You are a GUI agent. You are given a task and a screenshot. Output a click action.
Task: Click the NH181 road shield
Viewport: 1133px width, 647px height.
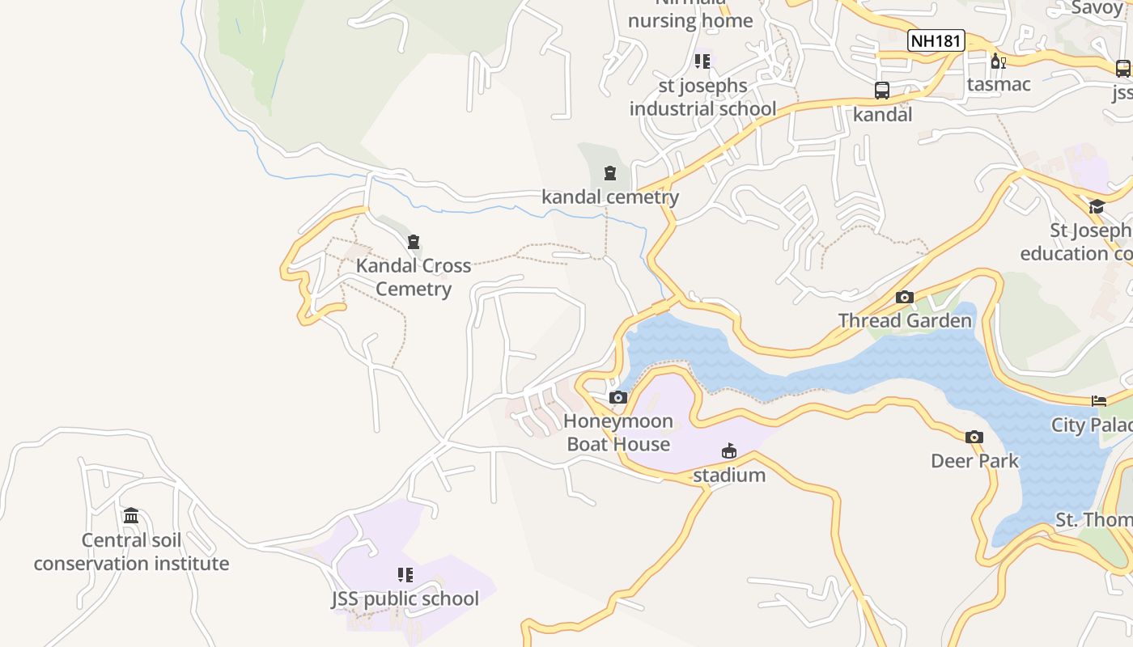[936, 40]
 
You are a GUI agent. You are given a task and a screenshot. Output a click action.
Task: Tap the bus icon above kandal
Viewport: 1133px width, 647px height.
[882, 91]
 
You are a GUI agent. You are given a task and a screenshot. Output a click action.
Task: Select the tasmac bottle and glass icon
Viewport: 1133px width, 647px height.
[999, 61]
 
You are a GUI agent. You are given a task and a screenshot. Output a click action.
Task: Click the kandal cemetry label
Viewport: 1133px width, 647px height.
[610, 197]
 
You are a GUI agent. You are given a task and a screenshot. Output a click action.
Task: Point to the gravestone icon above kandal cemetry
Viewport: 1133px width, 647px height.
[609, 172]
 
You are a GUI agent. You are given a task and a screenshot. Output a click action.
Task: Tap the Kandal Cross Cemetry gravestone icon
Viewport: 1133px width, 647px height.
[414, 242]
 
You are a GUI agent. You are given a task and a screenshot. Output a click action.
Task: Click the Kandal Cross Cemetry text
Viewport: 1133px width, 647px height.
[414, 277]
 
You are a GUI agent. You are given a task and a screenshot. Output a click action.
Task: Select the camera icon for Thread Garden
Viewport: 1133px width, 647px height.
[905, 297]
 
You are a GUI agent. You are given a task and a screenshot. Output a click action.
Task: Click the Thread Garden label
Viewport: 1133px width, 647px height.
[905, 320]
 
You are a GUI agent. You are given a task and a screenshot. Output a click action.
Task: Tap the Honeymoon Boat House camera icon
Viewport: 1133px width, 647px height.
[618, 397]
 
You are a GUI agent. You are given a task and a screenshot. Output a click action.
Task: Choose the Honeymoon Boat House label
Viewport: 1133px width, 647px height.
[618, 432]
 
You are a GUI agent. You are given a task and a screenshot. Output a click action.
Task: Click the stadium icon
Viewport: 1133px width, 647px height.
[729, 450]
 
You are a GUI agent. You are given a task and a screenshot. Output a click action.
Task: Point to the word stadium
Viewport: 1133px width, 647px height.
[729, 475]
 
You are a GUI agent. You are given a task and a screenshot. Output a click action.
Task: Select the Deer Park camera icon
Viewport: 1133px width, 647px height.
[974, 437]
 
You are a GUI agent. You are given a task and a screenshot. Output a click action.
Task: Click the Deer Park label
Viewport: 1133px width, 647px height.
[974, 461]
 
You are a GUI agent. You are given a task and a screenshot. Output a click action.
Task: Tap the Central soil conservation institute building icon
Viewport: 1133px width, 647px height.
[131, 515]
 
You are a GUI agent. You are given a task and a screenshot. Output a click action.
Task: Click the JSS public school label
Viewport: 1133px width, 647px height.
[405, 598]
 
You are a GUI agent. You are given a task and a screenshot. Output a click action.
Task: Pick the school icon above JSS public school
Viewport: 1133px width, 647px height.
[405, 574]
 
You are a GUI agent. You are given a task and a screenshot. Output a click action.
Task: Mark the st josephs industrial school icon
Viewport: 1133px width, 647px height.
[702, 61]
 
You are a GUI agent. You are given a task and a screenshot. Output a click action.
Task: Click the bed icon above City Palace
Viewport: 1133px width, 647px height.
[1099, 400]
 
